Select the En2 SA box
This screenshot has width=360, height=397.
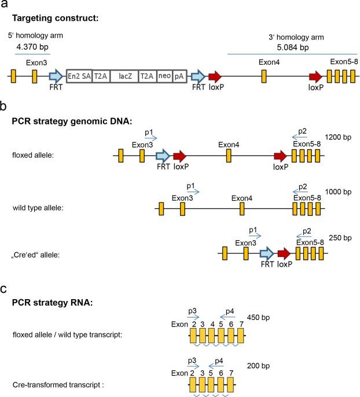[79, 76]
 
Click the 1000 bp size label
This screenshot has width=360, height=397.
[339, 192]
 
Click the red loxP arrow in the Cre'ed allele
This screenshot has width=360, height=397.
[283, 253]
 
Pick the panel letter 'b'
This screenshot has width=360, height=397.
[3, 108]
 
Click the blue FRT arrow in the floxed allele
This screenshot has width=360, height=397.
[163, 155]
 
